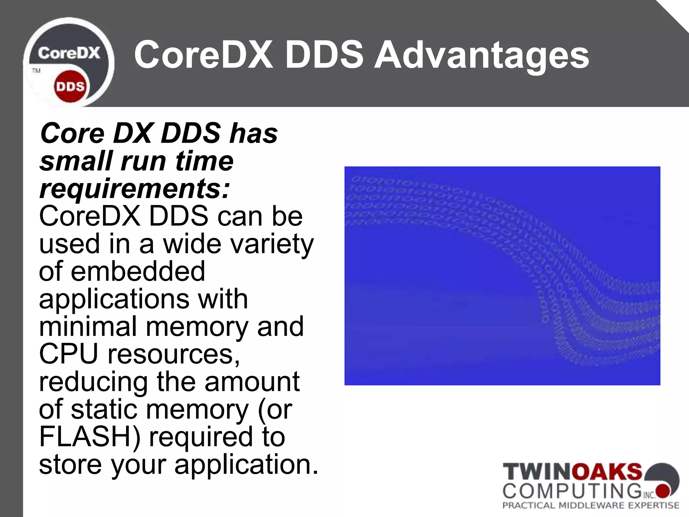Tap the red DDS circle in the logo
pyautogui.click(x=70, y=87)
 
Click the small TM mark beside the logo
pyautogui.click(x=36, y=71)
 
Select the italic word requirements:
pyautogui.click(x=135, y=189)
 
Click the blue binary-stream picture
pyautogui.click(x=502, y=276)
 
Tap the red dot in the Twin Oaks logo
pyautogui.click(x=663, y=491)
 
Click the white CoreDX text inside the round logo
pyautogui.click(x=69, y=53)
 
